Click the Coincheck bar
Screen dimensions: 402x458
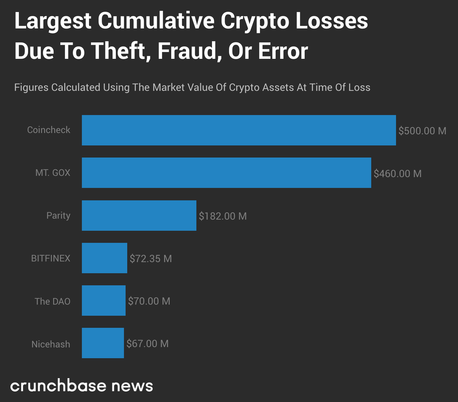pyautogui.click(x=239, y=130)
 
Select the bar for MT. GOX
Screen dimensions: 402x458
pyautogui.click(x=226, y=173)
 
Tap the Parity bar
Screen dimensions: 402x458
pyautogui.click(x=139, y=215)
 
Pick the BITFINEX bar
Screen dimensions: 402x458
pyautogui.click(x=104, y=258)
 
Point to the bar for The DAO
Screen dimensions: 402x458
pyautogui.click(x=104, y=300)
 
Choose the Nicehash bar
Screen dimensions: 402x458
pyautogui.click(x=103, y=343)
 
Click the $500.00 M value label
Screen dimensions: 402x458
pyautogui.click(x=422, y=131)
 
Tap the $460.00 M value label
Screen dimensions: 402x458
pyautogui.click(x=397, y=173)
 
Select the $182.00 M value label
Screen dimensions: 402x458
pyautogui.click(x=223, y=216)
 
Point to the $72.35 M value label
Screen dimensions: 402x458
pyautogui.click(x=151, y=259)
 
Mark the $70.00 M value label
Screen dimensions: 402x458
pyautogui.click(x=149, y=301)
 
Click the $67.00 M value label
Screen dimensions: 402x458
pyautogui.click(x=147, y=343)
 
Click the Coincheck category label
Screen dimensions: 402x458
pyautogui.click(x=49, y=130)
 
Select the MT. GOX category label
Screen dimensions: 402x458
pyautogui.click(x=53, y=173)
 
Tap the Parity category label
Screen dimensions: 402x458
pyautogui.click(x=58, y=215)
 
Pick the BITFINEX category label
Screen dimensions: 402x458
pyautogui.click(x=51, y=258)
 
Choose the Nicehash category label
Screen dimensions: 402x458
pyautogui.click(x=51, y=344)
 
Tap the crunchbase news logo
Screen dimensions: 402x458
pyautogui.click(x=82, y=386)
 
